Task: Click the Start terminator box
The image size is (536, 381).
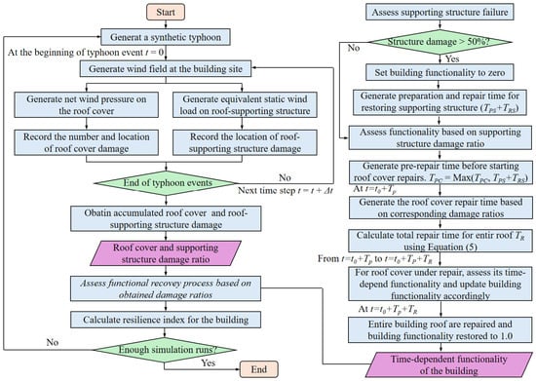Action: pos(166,12)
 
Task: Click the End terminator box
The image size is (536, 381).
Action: pos(259,369)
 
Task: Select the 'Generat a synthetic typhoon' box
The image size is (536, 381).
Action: pos(166,37)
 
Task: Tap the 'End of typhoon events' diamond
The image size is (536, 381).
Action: pos(167,183)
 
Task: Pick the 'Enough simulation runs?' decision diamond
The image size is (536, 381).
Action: pos(166,350)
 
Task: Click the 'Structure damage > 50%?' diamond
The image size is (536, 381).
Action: pos(440,42)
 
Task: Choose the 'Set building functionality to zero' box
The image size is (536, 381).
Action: pos(440,72)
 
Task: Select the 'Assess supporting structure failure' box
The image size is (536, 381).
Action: pos(440,12)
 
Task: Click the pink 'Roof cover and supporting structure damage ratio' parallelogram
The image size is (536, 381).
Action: pos(166,253)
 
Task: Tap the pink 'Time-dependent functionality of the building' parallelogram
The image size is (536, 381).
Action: pos(448,365)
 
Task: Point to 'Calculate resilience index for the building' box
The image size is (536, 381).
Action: pos(166,320)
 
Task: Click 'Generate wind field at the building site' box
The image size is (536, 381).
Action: pos(166,68)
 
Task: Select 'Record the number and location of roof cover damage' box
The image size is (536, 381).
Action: pos(86,142)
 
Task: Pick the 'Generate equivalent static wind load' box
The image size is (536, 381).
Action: pos(245,105)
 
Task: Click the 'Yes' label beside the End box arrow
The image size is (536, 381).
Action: pos(208,362)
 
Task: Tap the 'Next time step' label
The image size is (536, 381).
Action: pos(286,190)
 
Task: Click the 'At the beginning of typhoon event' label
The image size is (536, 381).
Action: pos(86,53)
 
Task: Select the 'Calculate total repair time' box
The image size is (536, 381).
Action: pos(440,241)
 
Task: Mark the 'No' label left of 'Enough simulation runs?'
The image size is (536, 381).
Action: pos(53,342)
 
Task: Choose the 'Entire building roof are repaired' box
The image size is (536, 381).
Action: pos(440,329)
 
